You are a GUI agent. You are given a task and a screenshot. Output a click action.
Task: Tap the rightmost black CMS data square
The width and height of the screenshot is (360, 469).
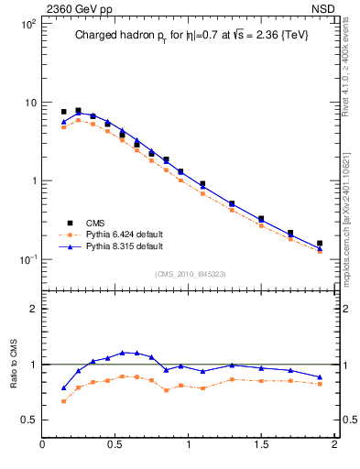pyautogui.click(x=320, y=244)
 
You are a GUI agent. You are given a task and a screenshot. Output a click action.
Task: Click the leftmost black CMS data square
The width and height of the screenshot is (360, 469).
pyautogui.click(x=63, y=112)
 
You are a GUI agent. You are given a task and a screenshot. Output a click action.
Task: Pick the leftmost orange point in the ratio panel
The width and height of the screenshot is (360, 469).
pyautogui.click(x=63, y=401)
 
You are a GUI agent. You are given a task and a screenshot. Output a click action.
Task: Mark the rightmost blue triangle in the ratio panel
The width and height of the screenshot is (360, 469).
pyautogui.click(x=320, y=377)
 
